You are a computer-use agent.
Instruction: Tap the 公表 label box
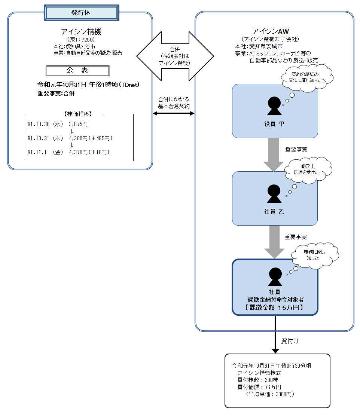77,70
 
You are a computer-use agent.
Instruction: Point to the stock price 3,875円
78,123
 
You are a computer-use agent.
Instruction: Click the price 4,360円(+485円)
91,138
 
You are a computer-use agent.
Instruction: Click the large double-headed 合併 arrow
175,56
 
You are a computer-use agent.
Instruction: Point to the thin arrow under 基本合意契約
174,113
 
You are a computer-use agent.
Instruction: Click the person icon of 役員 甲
274,106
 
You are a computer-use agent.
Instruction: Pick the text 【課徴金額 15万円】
274,308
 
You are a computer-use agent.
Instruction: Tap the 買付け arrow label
290,341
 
